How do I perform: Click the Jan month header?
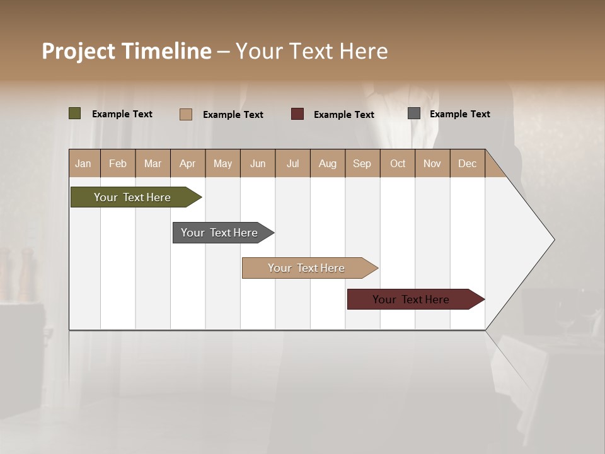tap(83, 164)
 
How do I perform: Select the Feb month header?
tap(118, 164)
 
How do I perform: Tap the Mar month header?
tap(153, 164)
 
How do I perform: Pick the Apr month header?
tap(188, 164)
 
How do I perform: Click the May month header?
tap(222, 164)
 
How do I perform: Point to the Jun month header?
tap(258, 164)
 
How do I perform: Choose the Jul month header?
tap(292, 164)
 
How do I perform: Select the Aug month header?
tap(328, 164)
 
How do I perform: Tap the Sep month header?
tap(362, 164)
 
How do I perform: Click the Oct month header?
tap(398, 164)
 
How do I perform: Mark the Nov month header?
tap(432, 164)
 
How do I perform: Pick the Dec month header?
tap(467, 164)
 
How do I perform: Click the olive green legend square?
tap(75, 113)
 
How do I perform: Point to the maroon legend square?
tap(297, 114)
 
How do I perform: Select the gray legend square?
tap(414, 113)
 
